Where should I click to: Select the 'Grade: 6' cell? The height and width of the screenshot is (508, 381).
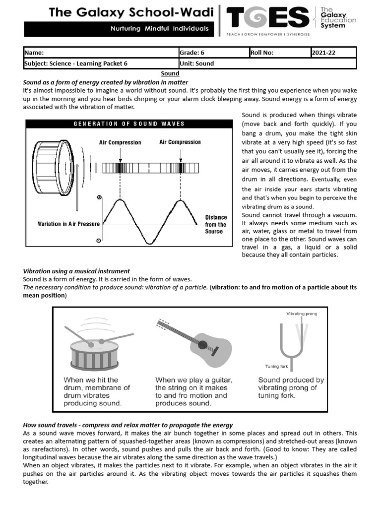click(x=213, y=53)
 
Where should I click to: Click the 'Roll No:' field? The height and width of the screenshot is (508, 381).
click(x=280, y=53)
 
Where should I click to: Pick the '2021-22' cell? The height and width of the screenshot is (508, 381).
click(x=333, y=53)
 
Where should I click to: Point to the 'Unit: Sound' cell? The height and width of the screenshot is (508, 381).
click(x=267, y=63)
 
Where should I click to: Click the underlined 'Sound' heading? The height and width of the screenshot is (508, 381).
click(x=170, y=73)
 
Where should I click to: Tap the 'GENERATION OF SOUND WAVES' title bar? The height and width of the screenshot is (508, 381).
click(x=129, y=124)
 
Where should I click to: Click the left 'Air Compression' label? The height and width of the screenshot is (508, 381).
click(x=120, y=142)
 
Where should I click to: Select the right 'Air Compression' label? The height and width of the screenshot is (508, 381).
click(x=180, y=142)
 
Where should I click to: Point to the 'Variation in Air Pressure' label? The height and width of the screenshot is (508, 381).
click(x=69, y=224)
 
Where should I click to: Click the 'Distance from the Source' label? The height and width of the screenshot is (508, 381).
click(x=216, y=224)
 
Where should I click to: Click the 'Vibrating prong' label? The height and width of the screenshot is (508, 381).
click(x=302, y=314)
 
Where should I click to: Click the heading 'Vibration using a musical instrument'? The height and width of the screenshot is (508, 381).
click(x=76, y=271)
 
